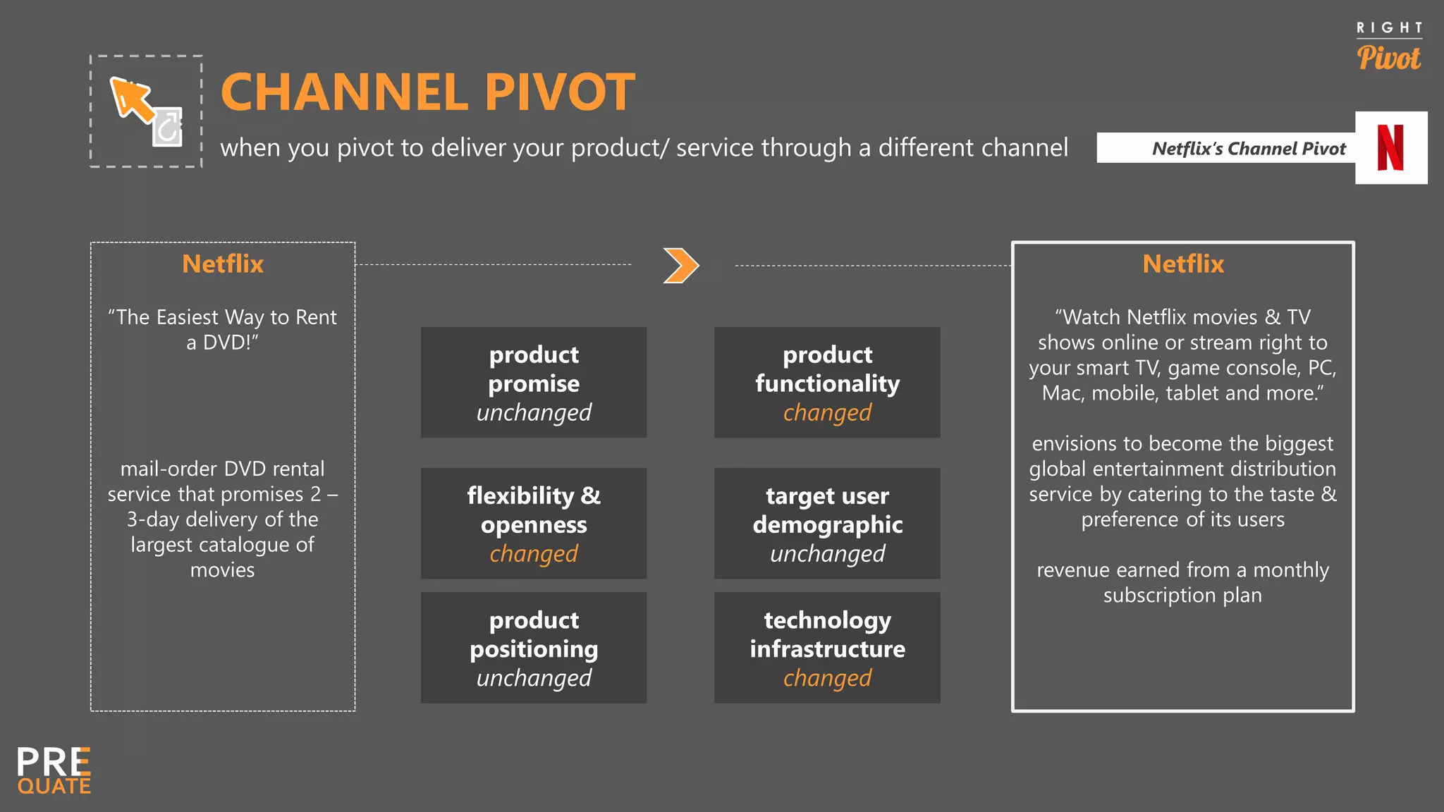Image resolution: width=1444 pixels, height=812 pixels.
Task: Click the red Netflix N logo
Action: click(x=1390, y=148)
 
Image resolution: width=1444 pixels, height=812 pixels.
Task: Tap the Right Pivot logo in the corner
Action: click(x=1389, y=47)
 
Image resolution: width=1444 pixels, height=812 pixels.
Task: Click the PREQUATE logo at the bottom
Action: click(x=54, y=770)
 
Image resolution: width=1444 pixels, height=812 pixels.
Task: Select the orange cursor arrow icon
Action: click(x=132, y=99)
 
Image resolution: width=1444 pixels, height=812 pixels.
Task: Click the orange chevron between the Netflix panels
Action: click(x=681, y=266)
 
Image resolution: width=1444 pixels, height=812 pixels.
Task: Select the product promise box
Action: click(x=534, y=382)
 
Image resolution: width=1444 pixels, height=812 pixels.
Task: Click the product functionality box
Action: click(x=827, y=382)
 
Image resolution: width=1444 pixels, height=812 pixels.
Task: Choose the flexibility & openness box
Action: click(x=534, y=523)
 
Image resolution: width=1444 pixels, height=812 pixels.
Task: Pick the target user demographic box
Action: click(x=827, y=523)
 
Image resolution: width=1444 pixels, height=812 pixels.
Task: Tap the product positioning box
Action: click(x=534, y=647)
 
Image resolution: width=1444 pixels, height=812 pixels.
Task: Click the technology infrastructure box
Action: click(x=827, y=647)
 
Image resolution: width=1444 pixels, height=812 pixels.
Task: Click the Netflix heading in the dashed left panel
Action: click(x=223, y=264)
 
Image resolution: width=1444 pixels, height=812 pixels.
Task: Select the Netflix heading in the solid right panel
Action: click(x=1183, y=264)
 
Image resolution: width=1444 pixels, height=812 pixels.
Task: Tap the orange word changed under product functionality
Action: click(x=827, y=412)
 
